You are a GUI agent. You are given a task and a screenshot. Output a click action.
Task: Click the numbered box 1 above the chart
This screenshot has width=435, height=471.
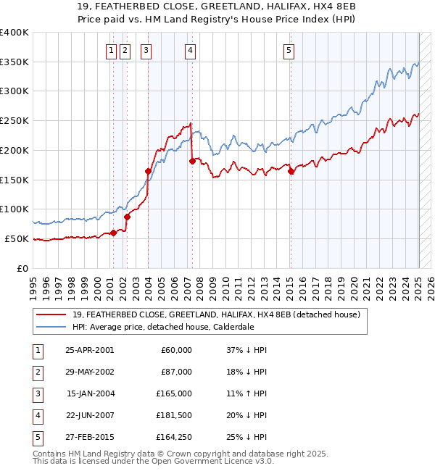tap(111, 50)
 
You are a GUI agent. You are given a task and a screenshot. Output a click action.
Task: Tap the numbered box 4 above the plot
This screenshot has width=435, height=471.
tap(190, 50)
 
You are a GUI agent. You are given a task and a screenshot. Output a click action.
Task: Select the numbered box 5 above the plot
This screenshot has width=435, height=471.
tap(289, 50)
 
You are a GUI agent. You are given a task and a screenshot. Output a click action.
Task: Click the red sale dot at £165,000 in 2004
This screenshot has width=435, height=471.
tap(148, 171)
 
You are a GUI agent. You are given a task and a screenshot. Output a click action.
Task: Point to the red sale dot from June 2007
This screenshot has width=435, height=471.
tap(192, 161)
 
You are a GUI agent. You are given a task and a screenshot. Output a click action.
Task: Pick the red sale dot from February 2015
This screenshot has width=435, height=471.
tap(291, 172)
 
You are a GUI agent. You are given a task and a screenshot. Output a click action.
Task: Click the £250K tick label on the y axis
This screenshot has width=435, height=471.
tap(14, 121)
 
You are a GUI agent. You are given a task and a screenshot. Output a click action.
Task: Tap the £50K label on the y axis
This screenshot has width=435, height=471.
tap(17, 238)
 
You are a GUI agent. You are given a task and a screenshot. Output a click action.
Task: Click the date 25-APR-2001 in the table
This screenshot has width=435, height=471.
tap(89, 350)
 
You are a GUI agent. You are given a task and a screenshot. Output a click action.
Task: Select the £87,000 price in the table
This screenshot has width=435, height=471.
tap(176, 372)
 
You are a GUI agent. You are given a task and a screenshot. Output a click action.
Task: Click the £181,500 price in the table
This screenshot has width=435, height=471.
tap(174, 415)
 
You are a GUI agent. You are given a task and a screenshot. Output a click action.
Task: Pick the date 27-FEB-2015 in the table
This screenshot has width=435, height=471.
tap(89, 437)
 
